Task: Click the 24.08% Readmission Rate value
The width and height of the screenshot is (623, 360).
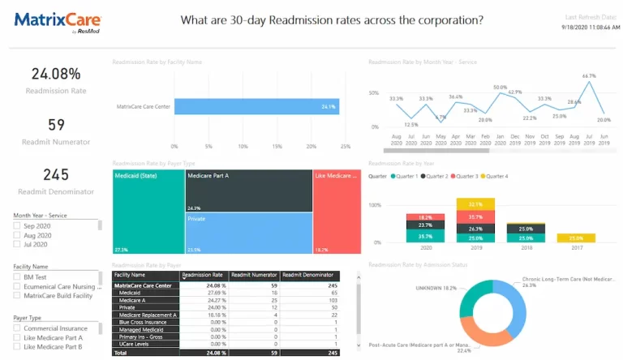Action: [x=56, y=74]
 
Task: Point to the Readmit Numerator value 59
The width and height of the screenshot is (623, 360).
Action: [x=56, y=125]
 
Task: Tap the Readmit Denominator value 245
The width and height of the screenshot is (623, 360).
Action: [x=56, y=174]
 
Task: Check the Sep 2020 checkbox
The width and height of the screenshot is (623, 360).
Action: [x=17, y=225]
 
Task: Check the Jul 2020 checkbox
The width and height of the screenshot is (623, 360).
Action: [x=17, y=244]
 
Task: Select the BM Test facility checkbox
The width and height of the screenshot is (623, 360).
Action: [x=17, y=276]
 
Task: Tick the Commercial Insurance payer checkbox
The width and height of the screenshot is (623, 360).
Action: [x=17, y=328]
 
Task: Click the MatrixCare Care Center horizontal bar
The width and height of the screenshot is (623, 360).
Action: [x=256, y=106]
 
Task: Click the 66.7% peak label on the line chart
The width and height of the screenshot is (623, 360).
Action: [x=590, y=75]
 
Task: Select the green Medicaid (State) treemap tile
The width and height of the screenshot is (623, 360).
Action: [x=148, y=212]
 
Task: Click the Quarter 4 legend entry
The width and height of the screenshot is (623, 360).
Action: [x=496, y=176]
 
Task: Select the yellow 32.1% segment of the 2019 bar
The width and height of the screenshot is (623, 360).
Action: [x=475, y=204]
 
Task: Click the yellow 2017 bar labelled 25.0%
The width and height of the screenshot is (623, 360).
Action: [x=575, y=238]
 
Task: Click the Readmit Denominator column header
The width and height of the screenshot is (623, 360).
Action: [x=311, y=276]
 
